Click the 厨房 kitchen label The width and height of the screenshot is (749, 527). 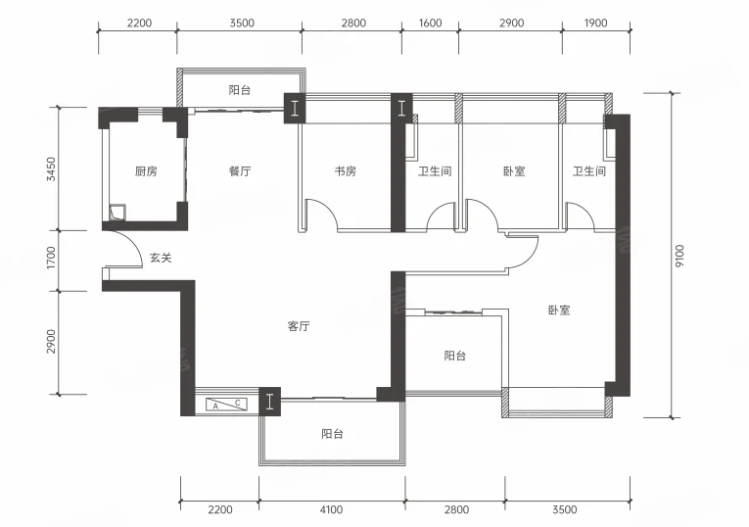(146, 171)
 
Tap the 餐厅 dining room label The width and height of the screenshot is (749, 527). (240, 171)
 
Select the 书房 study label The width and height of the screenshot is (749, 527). (345, 171)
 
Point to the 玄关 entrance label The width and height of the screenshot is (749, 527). (161, 258)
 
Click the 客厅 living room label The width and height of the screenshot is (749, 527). (299, 326)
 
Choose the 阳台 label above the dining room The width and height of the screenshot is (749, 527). (240, 90)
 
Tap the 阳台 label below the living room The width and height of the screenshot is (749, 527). (332, 434)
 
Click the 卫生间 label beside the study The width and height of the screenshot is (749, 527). (435, 171)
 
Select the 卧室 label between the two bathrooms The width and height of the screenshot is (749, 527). (514, 171)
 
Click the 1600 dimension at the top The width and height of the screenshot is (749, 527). (430, 23)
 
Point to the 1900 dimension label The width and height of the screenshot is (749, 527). (595, 23)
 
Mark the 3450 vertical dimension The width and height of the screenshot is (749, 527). (51, 169)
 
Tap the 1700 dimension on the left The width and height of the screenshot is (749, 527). (51, 258)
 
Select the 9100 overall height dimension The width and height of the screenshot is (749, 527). (679, 256)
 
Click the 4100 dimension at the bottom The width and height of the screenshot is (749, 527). (331, 509)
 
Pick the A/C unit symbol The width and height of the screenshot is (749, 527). (226, 405)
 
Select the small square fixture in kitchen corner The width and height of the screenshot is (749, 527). (117, 213)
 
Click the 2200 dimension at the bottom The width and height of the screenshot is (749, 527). (220, 509)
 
